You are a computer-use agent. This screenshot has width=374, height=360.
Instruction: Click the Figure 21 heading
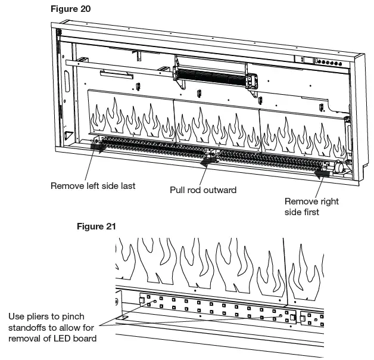click(97, 226)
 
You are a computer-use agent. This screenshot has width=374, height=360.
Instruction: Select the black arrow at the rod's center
click(208, 160)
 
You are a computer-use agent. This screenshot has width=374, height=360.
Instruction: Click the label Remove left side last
click(93, 185)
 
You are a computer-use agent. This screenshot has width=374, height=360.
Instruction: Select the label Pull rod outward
click(203, 190)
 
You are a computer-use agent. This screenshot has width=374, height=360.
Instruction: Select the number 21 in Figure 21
click(110, 226)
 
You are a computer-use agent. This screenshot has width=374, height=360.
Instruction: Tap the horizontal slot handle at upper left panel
click(117, 73)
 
